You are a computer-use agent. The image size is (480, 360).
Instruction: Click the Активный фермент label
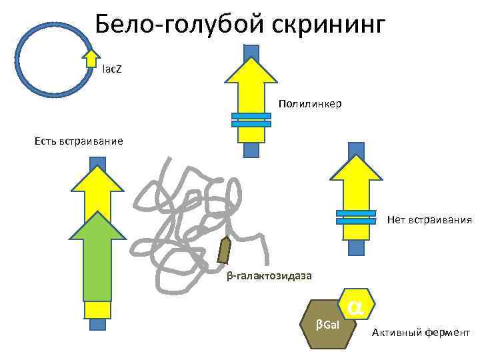421,333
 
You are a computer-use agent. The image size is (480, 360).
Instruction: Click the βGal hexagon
328,324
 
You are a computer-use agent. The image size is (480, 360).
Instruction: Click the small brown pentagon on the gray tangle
225,251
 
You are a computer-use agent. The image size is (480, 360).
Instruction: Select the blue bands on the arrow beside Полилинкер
251,120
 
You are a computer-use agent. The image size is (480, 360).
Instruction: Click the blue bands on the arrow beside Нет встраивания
356,217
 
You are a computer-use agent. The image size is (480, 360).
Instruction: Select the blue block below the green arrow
97,325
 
